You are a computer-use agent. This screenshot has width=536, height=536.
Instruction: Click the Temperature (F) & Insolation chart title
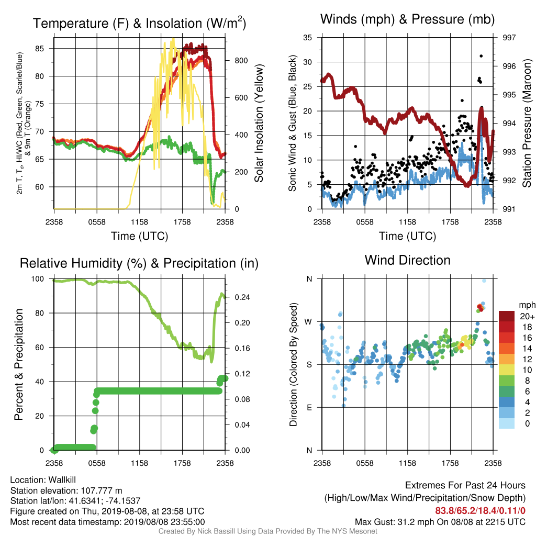tap(139, 23)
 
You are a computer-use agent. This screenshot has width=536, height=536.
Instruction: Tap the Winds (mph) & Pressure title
tap(407, 19)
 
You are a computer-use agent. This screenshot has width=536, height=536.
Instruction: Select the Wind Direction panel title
tap(407, 260)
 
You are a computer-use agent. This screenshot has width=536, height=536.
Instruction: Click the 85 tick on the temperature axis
tap(40, 49)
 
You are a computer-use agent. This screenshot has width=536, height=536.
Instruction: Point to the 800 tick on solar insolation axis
tap(241, 61)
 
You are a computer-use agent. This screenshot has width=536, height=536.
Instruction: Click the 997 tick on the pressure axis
tap(509, 37)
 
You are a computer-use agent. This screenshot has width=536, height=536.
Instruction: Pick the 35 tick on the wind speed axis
tap(307, 37)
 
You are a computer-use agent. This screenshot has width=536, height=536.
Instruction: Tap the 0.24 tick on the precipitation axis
tap(242, 297)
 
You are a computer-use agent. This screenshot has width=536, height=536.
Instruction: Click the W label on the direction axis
tap(308, 322)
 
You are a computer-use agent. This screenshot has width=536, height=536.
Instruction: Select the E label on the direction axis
tap(309, 407)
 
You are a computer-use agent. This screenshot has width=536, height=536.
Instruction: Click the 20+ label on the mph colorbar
tap(527, 316)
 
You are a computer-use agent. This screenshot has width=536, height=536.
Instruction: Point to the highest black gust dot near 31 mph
tap(481, 56)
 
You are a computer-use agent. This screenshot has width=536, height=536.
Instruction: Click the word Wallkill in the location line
tap(62, 480)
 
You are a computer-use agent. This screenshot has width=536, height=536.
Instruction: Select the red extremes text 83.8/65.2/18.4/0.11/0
tap(481, 511)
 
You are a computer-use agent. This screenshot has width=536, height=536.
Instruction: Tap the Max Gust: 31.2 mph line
tap(440, 522)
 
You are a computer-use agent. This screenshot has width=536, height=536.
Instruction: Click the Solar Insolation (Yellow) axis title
tap(259, 123)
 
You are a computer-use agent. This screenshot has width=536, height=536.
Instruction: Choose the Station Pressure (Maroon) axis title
tap(527, 123)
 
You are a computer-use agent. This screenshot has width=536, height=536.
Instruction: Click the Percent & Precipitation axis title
tap(19, 364)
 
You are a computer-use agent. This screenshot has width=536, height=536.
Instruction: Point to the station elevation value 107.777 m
tap(101, 490)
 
